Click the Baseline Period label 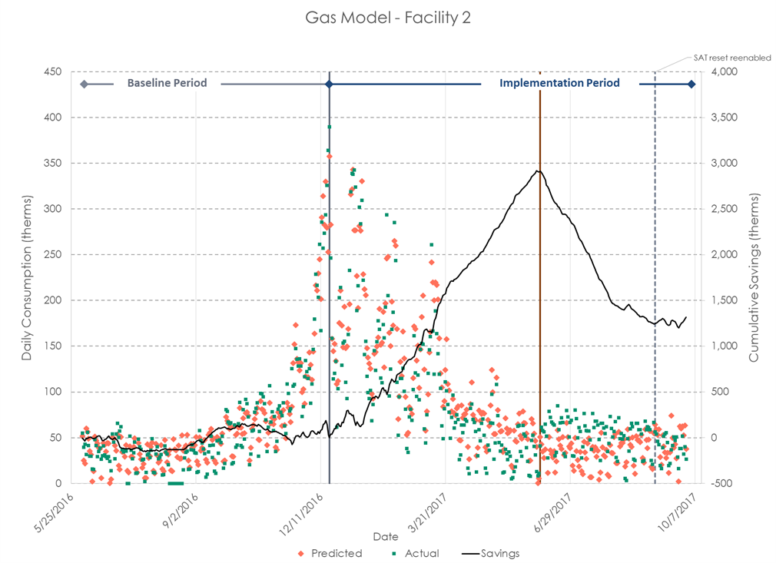[x=167, y=83]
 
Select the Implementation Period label [x=559, y=83]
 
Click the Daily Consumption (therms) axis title [x=27, y=278]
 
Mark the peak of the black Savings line [x=538, y=171]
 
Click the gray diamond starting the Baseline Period [x=84, y=84]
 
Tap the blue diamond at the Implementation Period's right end [x=691, y=84]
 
